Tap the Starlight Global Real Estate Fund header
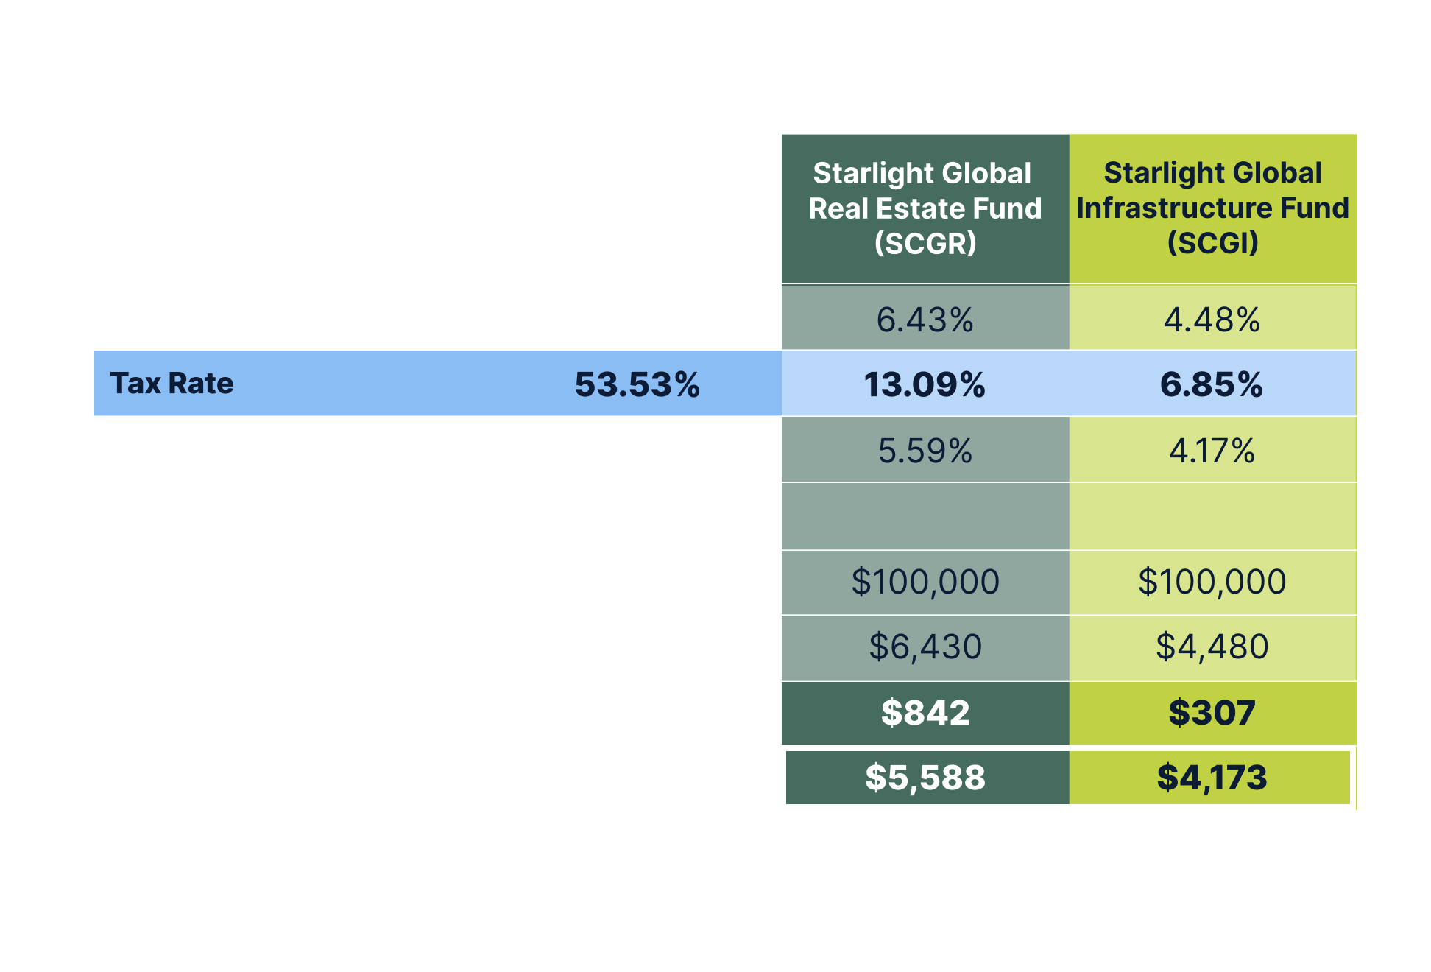(x=925, y=208)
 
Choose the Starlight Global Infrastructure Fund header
(x=1212, y=208)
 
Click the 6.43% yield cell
(x=925, y=320)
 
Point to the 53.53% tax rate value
(x=637, y=384)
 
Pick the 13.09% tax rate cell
(x=925, y=384)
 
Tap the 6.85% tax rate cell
(x=1212, y=384)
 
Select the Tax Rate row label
(x=172, y=384)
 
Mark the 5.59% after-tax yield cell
(x=925, y=451)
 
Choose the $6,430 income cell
(x=925, y=647)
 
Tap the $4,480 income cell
(x=1212, y=647)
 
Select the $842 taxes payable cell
(x=925, y=713)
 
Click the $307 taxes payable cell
(x=1212, y=713)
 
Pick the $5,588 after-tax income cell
(x=925, y=778)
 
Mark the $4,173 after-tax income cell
(x=1212, y=778)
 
